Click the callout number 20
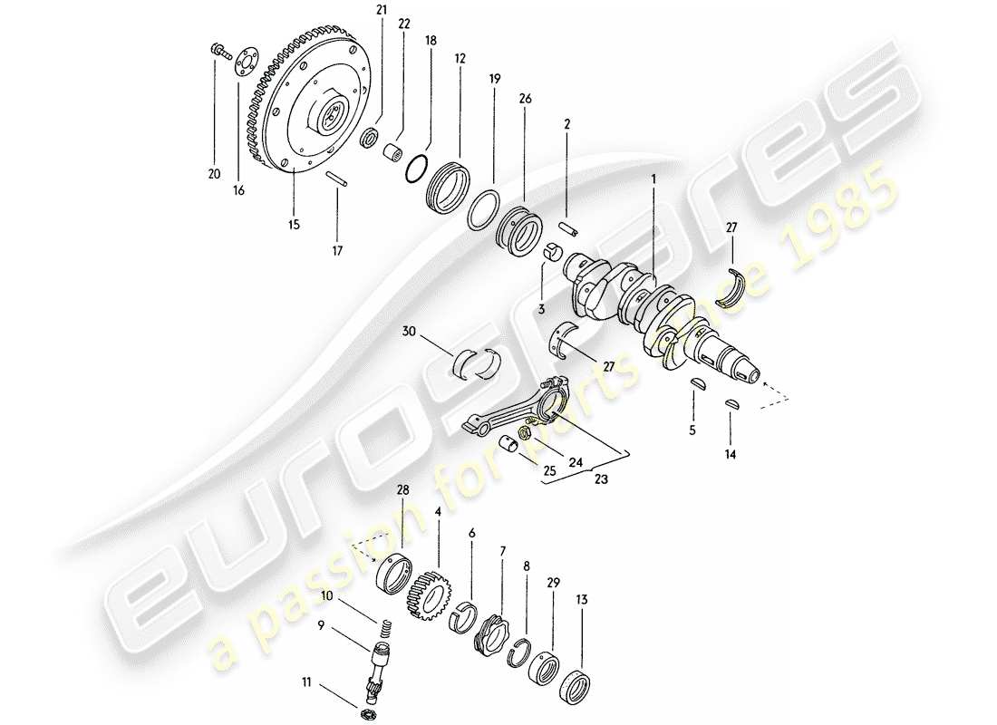(x=214, y=174)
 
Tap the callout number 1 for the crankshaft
(x=653, y=179)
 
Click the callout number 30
(x=410, y=333)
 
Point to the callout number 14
(x=731, y=454)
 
